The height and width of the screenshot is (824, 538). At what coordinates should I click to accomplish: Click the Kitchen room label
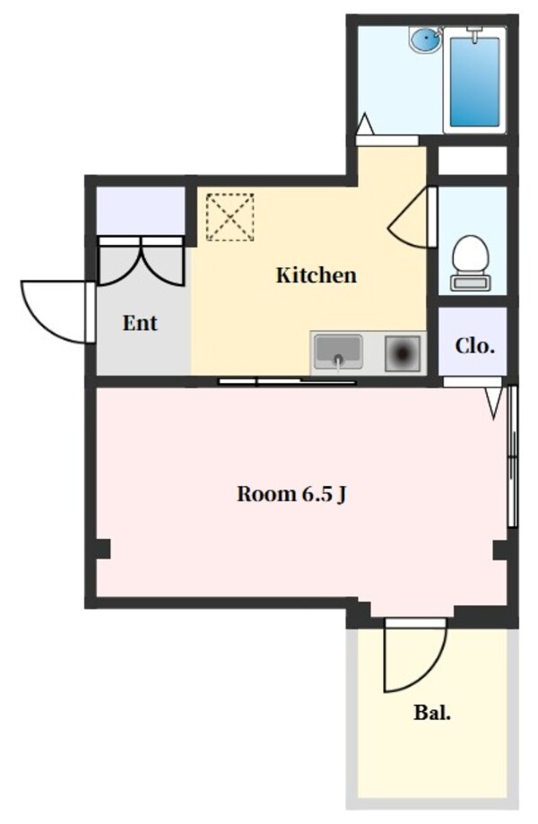click(x=316, y=275)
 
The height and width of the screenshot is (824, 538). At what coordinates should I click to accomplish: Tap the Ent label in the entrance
click(x=140, y=323)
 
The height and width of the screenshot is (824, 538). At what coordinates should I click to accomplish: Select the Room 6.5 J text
click(x=291, y=494)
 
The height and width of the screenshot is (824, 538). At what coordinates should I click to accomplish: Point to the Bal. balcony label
click(x=432, y=714)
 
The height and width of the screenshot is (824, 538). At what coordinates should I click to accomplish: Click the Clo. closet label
click(x=474, y=345)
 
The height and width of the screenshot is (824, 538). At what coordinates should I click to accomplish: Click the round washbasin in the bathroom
click(x=425, y=40)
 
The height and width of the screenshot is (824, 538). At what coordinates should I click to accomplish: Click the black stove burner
click(x=402, y=352)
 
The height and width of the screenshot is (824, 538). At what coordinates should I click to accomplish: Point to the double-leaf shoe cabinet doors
click(x=142, y=260)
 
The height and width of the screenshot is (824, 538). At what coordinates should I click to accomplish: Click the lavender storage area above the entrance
click(x=140, y=208)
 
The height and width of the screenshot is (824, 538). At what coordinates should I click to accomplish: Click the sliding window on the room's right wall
click(x=512, y=457)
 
